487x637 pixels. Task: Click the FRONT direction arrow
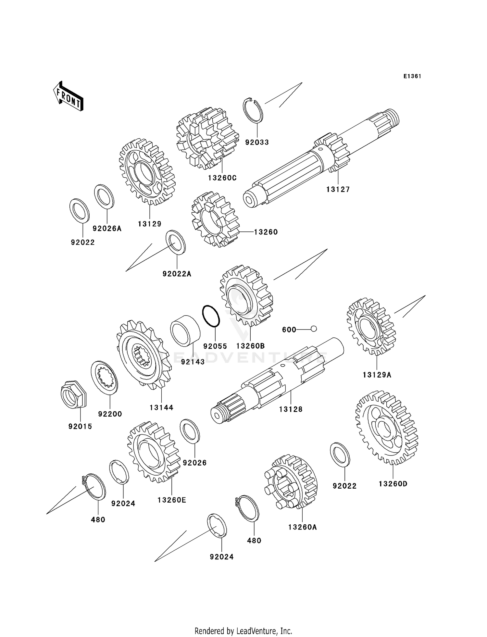pos(68,97)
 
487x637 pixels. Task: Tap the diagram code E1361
pos(412,76)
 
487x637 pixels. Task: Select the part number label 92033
pos(257,142)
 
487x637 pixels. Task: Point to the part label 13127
pos(338,189)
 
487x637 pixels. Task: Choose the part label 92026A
pos(107,229)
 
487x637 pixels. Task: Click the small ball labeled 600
pos(313,329)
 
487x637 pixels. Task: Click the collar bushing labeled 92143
pos(185,331)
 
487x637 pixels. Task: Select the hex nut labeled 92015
pos(74,394)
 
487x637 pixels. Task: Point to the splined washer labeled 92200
pos(104,377)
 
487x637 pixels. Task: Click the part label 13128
pos(291,409)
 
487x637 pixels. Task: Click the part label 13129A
pos(377,375)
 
